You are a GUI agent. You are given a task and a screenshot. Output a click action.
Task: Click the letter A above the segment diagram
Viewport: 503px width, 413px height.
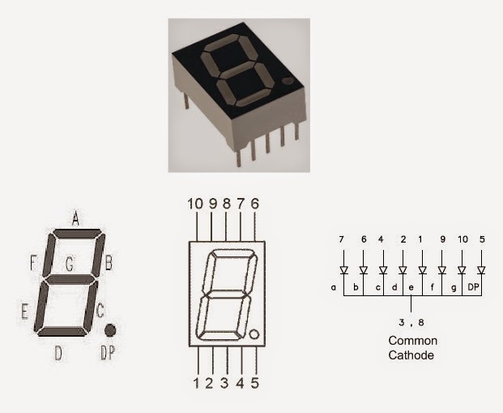(x=75, y=217)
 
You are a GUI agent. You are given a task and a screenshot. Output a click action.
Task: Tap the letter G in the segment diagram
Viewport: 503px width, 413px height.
(x=70, y=264)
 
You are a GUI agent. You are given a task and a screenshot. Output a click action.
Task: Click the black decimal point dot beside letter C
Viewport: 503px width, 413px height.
(x=110, y=330)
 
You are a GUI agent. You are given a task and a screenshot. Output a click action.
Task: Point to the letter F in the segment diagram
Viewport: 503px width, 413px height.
(x=33, y=263)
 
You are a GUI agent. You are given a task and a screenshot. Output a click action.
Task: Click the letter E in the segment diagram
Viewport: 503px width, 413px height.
(x=24, y=309)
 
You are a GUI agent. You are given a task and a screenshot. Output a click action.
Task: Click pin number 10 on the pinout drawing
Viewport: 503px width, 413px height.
(x=194, y=204)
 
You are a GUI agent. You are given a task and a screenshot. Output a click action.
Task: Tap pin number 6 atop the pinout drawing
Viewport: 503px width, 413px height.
(x=254, y=204)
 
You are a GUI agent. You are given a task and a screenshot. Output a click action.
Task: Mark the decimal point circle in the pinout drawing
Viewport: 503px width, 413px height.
(x=254, y=334)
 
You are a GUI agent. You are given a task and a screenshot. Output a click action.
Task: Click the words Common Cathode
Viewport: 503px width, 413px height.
(x=412, y=348)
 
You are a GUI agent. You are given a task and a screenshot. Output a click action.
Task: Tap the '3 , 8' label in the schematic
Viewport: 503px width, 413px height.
(x=413, y=321)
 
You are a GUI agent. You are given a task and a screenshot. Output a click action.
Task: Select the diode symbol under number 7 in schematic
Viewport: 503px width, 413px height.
(x=343, y=269)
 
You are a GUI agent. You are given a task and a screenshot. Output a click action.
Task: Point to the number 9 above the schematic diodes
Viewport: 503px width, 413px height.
(x=442, y=239)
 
